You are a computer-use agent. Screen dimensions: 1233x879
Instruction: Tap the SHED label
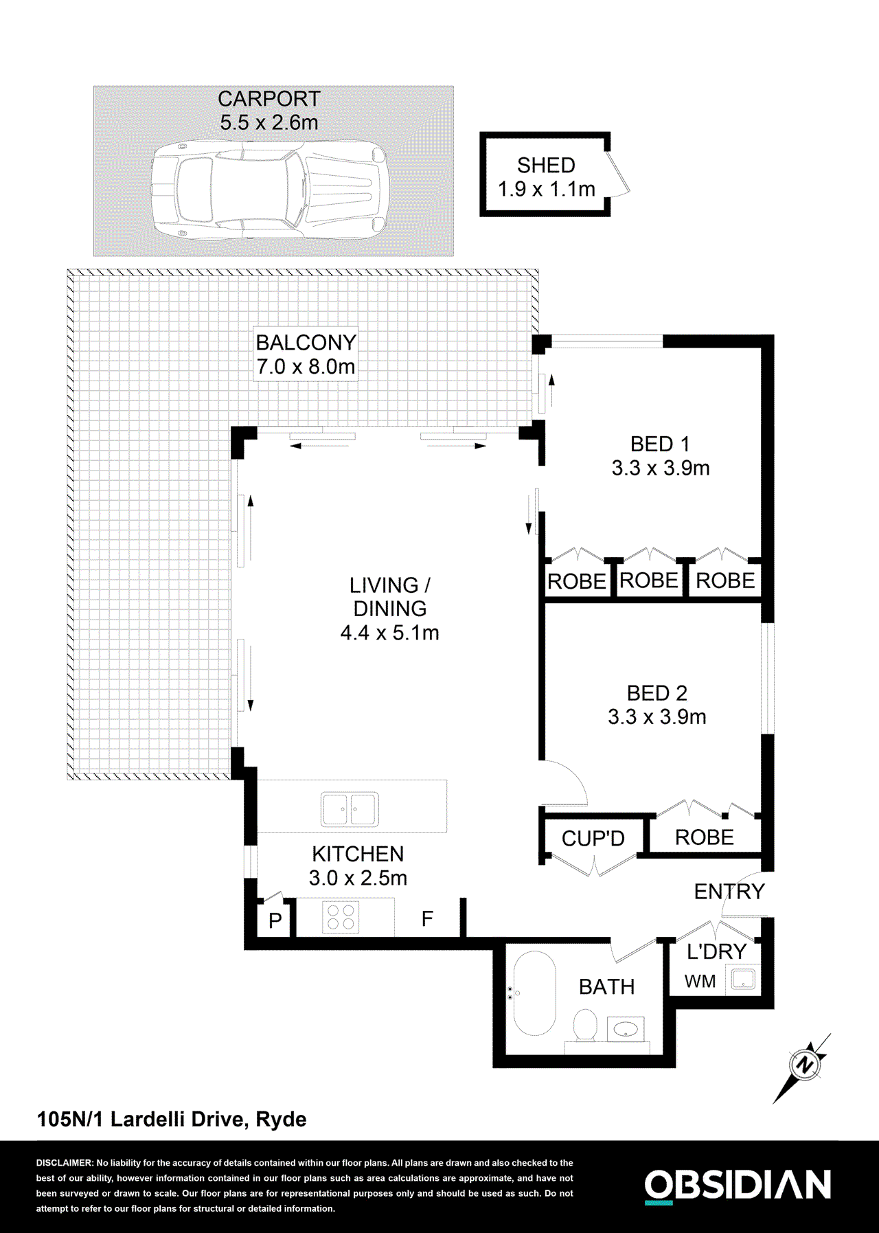click(546, 166)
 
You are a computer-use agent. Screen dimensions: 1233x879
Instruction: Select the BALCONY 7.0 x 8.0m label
click(306, 354)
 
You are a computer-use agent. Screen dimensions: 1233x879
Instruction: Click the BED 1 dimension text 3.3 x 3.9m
click(660, 468)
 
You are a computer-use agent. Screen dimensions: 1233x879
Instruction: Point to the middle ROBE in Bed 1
click(648, 580)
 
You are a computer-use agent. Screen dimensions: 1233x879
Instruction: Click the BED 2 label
click(657, 693)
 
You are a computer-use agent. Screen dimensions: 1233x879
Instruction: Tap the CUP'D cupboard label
click(593, 839)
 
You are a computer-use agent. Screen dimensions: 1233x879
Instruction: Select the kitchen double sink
click(349, 809)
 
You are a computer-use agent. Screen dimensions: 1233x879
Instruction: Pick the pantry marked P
click(275, 920)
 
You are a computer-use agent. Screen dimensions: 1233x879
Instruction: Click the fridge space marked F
click(427, 919)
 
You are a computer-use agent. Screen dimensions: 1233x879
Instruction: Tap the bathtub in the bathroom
click(534, 993)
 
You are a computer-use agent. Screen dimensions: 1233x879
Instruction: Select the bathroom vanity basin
click(626, 1030)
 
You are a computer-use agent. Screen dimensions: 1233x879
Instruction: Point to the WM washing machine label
click(700, 982)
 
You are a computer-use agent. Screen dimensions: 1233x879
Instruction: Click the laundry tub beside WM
click(742, 979)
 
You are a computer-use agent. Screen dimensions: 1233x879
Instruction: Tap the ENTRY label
click(729, 892)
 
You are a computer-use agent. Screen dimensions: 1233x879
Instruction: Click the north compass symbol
click(803, 1065)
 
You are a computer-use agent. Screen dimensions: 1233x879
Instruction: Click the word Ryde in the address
click(281, 1120)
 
